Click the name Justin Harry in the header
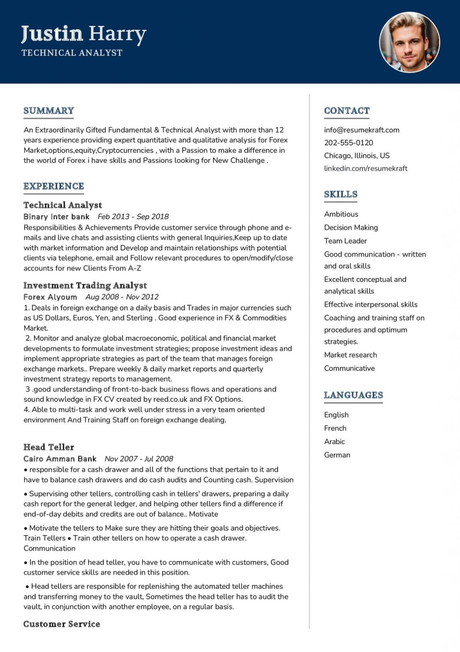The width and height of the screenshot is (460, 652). click(x=84, y=34)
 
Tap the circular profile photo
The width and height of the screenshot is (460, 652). click(x=409, y=42)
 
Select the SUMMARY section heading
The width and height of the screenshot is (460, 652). click(x=49, y=111)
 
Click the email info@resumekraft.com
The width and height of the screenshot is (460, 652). click(x=362, y=130)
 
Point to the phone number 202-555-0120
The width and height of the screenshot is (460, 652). click(x=348, y=143)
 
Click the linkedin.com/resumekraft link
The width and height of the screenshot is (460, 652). click(x=365, y=169)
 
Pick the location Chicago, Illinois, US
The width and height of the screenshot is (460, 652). click(x=357, y=155)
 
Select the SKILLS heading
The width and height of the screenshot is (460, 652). click(x=340, y=194)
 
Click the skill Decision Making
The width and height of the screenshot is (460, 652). click(x=351, y=228)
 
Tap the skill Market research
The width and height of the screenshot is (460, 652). click(x=350, y=355)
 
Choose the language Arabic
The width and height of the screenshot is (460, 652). click(x=335, y=441)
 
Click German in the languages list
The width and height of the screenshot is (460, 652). click(x=337, y=455)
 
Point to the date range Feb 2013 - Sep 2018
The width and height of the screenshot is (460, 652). click(x=133, y=216)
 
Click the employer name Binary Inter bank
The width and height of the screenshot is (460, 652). click(x=56, y=216)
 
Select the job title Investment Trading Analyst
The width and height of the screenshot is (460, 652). click(x=85, y=286)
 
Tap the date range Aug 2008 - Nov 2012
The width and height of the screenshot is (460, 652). click(x=122, y=297)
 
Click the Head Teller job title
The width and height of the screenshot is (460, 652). click(x=49, y=447)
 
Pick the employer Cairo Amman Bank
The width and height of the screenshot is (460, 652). click(x=60, y=459)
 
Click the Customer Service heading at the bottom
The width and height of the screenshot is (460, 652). click(x=62, y=624)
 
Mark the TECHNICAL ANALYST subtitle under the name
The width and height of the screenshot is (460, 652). click(x=72, y=53)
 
